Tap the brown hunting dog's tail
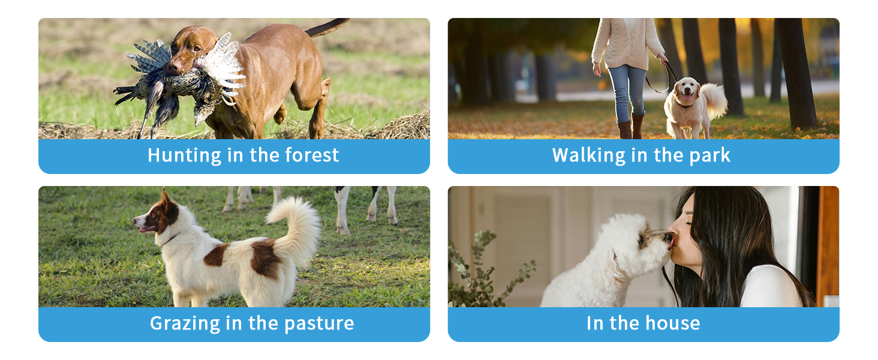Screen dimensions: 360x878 click(327, 26)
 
